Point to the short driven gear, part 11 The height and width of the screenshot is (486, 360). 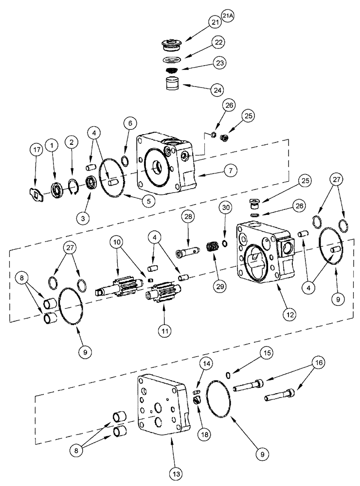[x=161, y=295]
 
